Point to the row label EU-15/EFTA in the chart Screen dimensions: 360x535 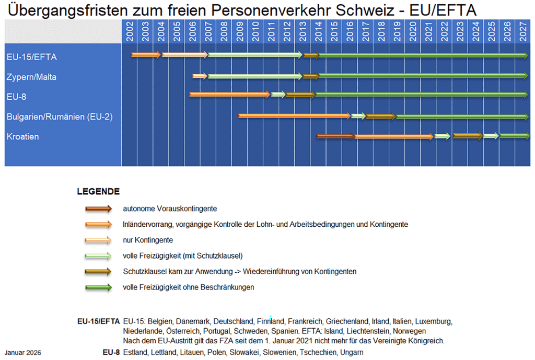(32, 57)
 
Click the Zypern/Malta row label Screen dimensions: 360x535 (32, 77)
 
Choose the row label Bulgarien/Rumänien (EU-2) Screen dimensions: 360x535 (60, 117)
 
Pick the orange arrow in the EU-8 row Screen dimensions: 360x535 (230, 95)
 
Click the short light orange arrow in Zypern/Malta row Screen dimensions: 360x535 (200, 76)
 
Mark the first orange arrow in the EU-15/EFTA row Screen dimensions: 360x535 (146, 55)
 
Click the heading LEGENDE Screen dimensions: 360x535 (98, 192)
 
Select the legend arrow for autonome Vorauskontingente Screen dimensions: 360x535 (99, 209)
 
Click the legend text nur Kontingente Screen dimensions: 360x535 (148, 240)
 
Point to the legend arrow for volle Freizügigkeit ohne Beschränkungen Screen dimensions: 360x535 (99, 287)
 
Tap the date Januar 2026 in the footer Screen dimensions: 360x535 (24, 353)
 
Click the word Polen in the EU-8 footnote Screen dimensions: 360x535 (217, 353)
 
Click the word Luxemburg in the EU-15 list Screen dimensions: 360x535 (435, 321)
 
